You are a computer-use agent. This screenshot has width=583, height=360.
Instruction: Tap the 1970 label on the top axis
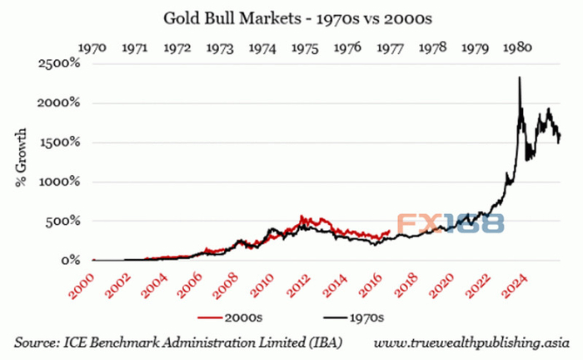tap(92, 47)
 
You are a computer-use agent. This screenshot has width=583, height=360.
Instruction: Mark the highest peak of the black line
tap(520, 77)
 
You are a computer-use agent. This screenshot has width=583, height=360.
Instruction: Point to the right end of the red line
tap(389, 231)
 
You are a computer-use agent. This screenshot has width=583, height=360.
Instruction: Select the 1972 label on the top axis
tap(177, 47)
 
